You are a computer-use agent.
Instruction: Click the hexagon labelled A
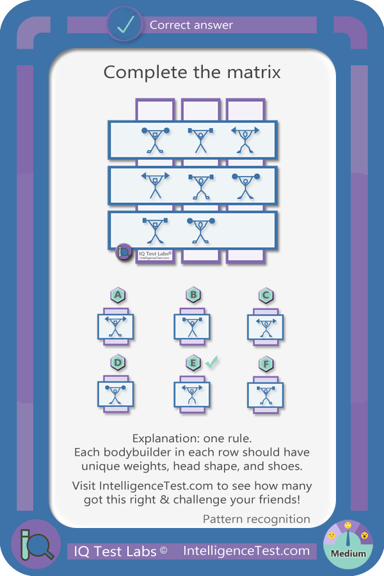tap(118, 295)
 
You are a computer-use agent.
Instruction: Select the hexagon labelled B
tap(193, 294)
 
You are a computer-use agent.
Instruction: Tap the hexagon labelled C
tap(266, 295)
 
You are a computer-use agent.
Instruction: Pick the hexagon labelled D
tap(118, 363)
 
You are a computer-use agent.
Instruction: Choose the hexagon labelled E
tap(193, 363)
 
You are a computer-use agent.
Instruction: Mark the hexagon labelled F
tap(266, 364)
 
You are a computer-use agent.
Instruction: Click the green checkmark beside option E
tap(211, 362)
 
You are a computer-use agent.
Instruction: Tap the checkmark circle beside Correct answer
tap(125, 24)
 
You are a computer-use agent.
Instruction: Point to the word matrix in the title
tap(254, 72)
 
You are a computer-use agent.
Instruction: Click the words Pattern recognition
tap(257, 519)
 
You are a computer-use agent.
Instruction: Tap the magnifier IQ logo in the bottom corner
tap(36, 545)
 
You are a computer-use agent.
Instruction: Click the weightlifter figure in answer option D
tap(115, 394)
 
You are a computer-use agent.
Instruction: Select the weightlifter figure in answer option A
tap(116, 326)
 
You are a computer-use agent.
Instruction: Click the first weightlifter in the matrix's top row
tap(156, 140)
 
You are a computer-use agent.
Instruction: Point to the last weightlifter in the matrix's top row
tap(245, 140)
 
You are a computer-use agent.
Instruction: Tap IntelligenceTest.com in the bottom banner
tap(246, 550)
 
